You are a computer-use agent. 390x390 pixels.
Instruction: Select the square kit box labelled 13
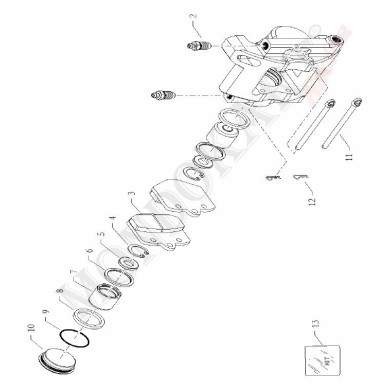(x=321, y=353)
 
